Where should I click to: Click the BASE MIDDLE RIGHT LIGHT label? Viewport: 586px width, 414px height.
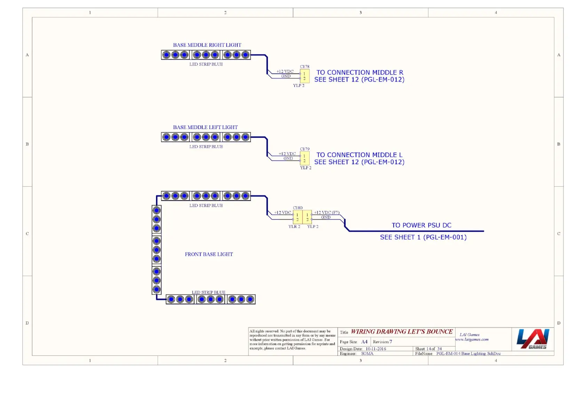[x=207, y=45]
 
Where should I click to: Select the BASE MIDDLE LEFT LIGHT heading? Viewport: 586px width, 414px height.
[x=205, y=128]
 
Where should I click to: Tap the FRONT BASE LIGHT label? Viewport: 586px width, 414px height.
[x=209, y=254]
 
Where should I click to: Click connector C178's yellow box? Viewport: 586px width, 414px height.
[x=304, y=76]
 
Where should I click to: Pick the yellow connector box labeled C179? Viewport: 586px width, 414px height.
[x=304, y=159]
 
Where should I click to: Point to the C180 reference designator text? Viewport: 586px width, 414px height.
[x=298, y=208]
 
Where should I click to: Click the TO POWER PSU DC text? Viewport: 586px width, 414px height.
[x=421, y=225]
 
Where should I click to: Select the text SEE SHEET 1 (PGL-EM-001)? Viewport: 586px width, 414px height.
[x=423, y=237]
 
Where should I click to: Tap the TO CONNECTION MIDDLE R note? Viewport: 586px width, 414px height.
[x=359, y=73]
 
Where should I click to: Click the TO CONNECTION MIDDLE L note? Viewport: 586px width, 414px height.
[x=359, y=155]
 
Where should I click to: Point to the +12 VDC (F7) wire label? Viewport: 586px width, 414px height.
[x=326, y=212]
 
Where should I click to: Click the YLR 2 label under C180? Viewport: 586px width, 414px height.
[x=294, y=227]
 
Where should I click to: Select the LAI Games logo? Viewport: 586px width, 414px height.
[x=533, y=339]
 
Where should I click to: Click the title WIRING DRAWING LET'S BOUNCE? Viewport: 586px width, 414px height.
[x=402, y=332]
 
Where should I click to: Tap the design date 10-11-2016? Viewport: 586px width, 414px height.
[x=375, y=349]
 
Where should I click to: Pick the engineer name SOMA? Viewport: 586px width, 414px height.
[x=367, y=354]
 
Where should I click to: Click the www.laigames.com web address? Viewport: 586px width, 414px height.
[x=472, y=340]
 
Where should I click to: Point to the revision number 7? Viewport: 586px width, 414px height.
[x=391, y=342]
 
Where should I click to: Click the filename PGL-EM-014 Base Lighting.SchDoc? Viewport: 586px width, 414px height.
[x=468, y=354]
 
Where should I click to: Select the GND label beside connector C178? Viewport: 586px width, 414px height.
[x=286, y=76]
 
